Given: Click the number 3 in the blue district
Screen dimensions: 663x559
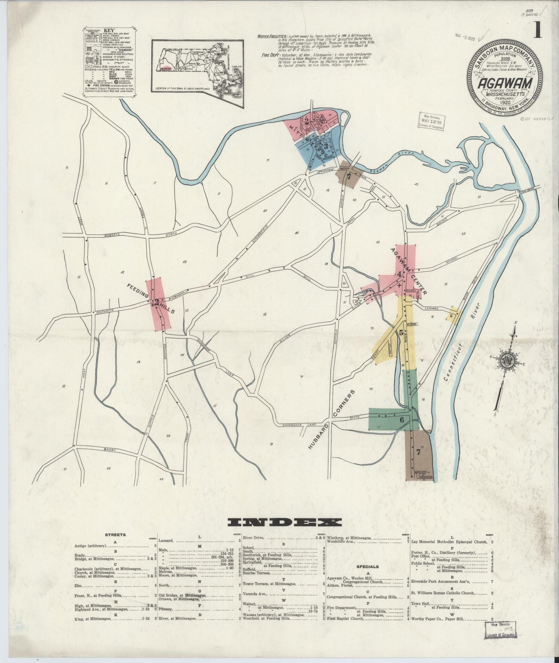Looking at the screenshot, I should pos(326,147).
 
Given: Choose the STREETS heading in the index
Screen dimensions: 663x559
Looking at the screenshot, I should pos(115,535).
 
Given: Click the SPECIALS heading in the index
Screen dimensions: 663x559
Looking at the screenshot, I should pos(368,566).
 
